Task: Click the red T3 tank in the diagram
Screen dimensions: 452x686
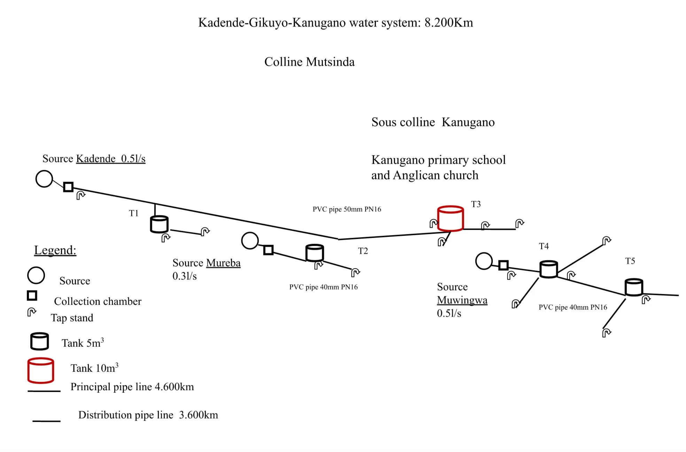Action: (x=450, y=219)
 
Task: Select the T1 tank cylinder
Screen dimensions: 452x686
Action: (x=159, y=224)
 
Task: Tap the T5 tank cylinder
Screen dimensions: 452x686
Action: (x=634, y=287)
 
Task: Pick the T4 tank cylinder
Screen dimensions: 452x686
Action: (x=548, y=269)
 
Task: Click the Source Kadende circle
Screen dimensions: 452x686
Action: (x=44, y=179)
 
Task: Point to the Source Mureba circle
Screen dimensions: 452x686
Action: (x=250, y=240)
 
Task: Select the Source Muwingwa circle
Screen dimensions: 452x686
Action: (x=484, y=261)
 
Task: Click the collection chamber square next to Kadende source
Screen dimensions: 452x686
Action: (x=68, y=187)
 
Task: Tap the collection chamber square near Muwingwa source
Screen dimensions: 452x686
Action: (x=503, y=265)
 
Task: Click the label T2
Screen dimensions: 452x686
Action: (x=363, y=251)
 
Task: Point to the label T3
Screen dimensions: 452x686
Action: (x=476, y=204)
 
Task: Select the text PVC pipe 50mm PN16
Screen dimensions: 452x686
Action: (x=347, y=209)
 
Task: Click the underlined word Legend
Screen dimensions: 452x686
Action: (x=55, y=250)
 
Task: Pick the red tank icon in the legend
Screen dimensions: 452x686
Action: (x=41, y=370)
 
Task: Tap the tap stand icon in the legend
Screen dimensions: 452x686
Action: (x=32, y=312)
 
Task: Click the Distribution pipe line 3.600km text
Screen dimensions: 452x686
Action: (x=148, y=415)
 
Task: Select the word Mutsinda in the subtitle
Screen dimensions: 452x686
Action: (x=330, y=62)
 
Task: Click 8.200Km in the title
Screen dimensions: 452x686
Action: (x=449, y=23)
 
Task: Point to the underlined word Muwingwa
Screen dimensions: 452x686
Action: (x=462, y=300)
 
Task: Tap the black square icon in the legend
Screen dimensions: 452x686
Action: (x=32, y=296)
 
